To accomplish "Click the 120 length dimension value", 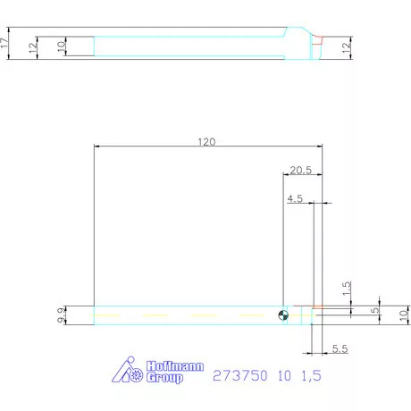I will click(206, 141).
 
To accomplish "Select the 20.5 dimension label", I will click(300, 170).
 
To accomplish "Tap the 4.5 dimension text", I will click(295, 200).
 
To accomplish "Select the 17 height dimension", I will click(5, 42).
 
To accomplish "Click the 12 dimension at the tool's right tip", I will click(347, 47).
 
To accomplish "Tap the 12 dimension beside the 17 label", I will click(33, 46).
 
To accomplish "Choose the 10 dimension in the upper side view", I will click(61, 46).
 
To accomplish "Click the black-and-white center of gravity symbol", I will click(283, 314).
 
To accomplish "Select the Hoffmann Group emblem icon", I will click(130, 373).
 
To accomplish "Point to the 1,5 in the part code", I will click(308, 376).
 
